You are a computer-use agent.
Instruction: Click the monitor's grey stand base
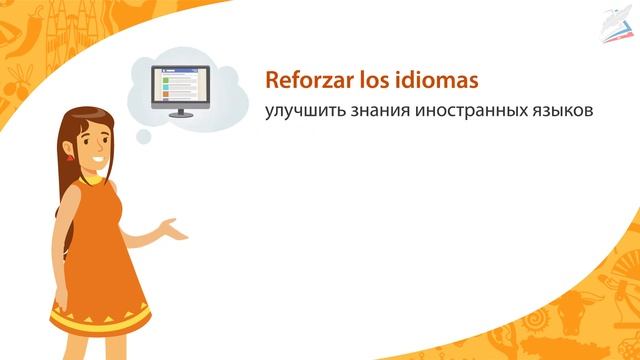point(181,115)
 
